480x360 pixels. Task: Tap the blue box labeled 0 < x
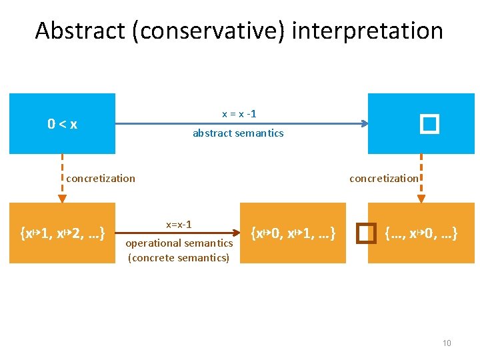pyautogui.click(x=62, y=123)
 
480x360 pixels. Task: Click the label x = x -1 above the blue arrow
pyautogui.click(x=239, y=114)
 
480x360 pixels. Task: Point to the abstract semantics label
pyautogui.click(x=238, y=133)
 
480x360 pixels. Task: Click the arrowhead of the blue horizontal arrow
pyautogui.click(x=364, y=123)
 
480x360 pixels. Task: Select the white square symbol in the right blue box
pyautogui.click(x=429, y=123)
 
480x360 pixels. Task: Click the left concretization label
pyautogui.click(x=101, y=178)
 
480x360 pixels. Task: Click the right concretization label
pyautogui.click(x=384, y=178)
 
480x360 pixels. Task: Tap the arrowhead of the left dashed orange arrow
pyautogui.click(x=62, y=198)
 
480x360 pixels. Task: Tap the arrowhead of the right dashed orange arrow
pyautogui.click(x=421, y=198)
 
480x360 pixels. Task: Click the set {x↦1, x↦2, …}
pyautogui.click(x=62, y=233)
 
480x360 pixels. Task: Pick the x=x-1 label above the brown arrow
pyautogui.click(x=179, y=225)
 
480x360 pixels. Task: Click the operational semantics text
pyautogui.click(x=179, y=244)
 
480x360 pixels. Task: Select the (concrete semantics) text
pyautogui.click(x=179, y=257)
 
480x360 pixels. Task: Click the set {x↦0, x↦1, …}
pyautogui.click(x=293, y=233)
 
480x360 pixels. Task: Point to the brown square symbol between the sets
pyautogui.click(x=363, y=233)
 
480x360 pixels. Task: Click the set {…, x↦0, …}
pyautogui.click(x=421, y=233)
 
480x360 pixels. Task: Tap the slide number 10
pyautogui.click(x=447, y=343)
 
